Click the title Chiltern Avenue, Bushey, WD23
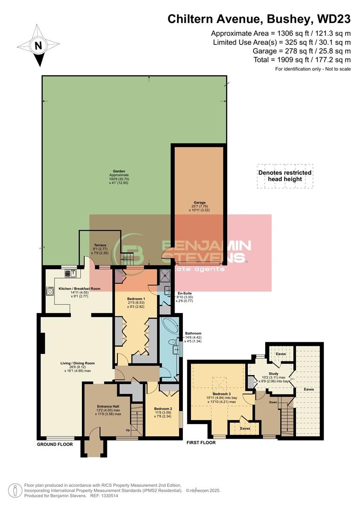pyautogui.click(x=260, y=19)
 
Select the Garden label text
pyautogui.click(x=109, y=172)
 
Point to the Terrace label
pyautogui.click(x=100, y=245)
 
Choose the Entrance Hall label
pyautogui.click(x=108, y=406)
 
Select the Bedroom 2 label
pyautogui.click(x=162, y=409)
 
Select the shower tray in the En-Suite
pyautogui.click(x=165, y=277)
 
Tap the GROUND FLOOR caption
pyautogui.click(x=55, y=444)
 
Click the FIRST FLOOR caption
pyautogui.click(x=201, y=443)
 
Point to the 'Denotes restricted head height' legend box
pyautogui.click(x=285, y=176)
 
